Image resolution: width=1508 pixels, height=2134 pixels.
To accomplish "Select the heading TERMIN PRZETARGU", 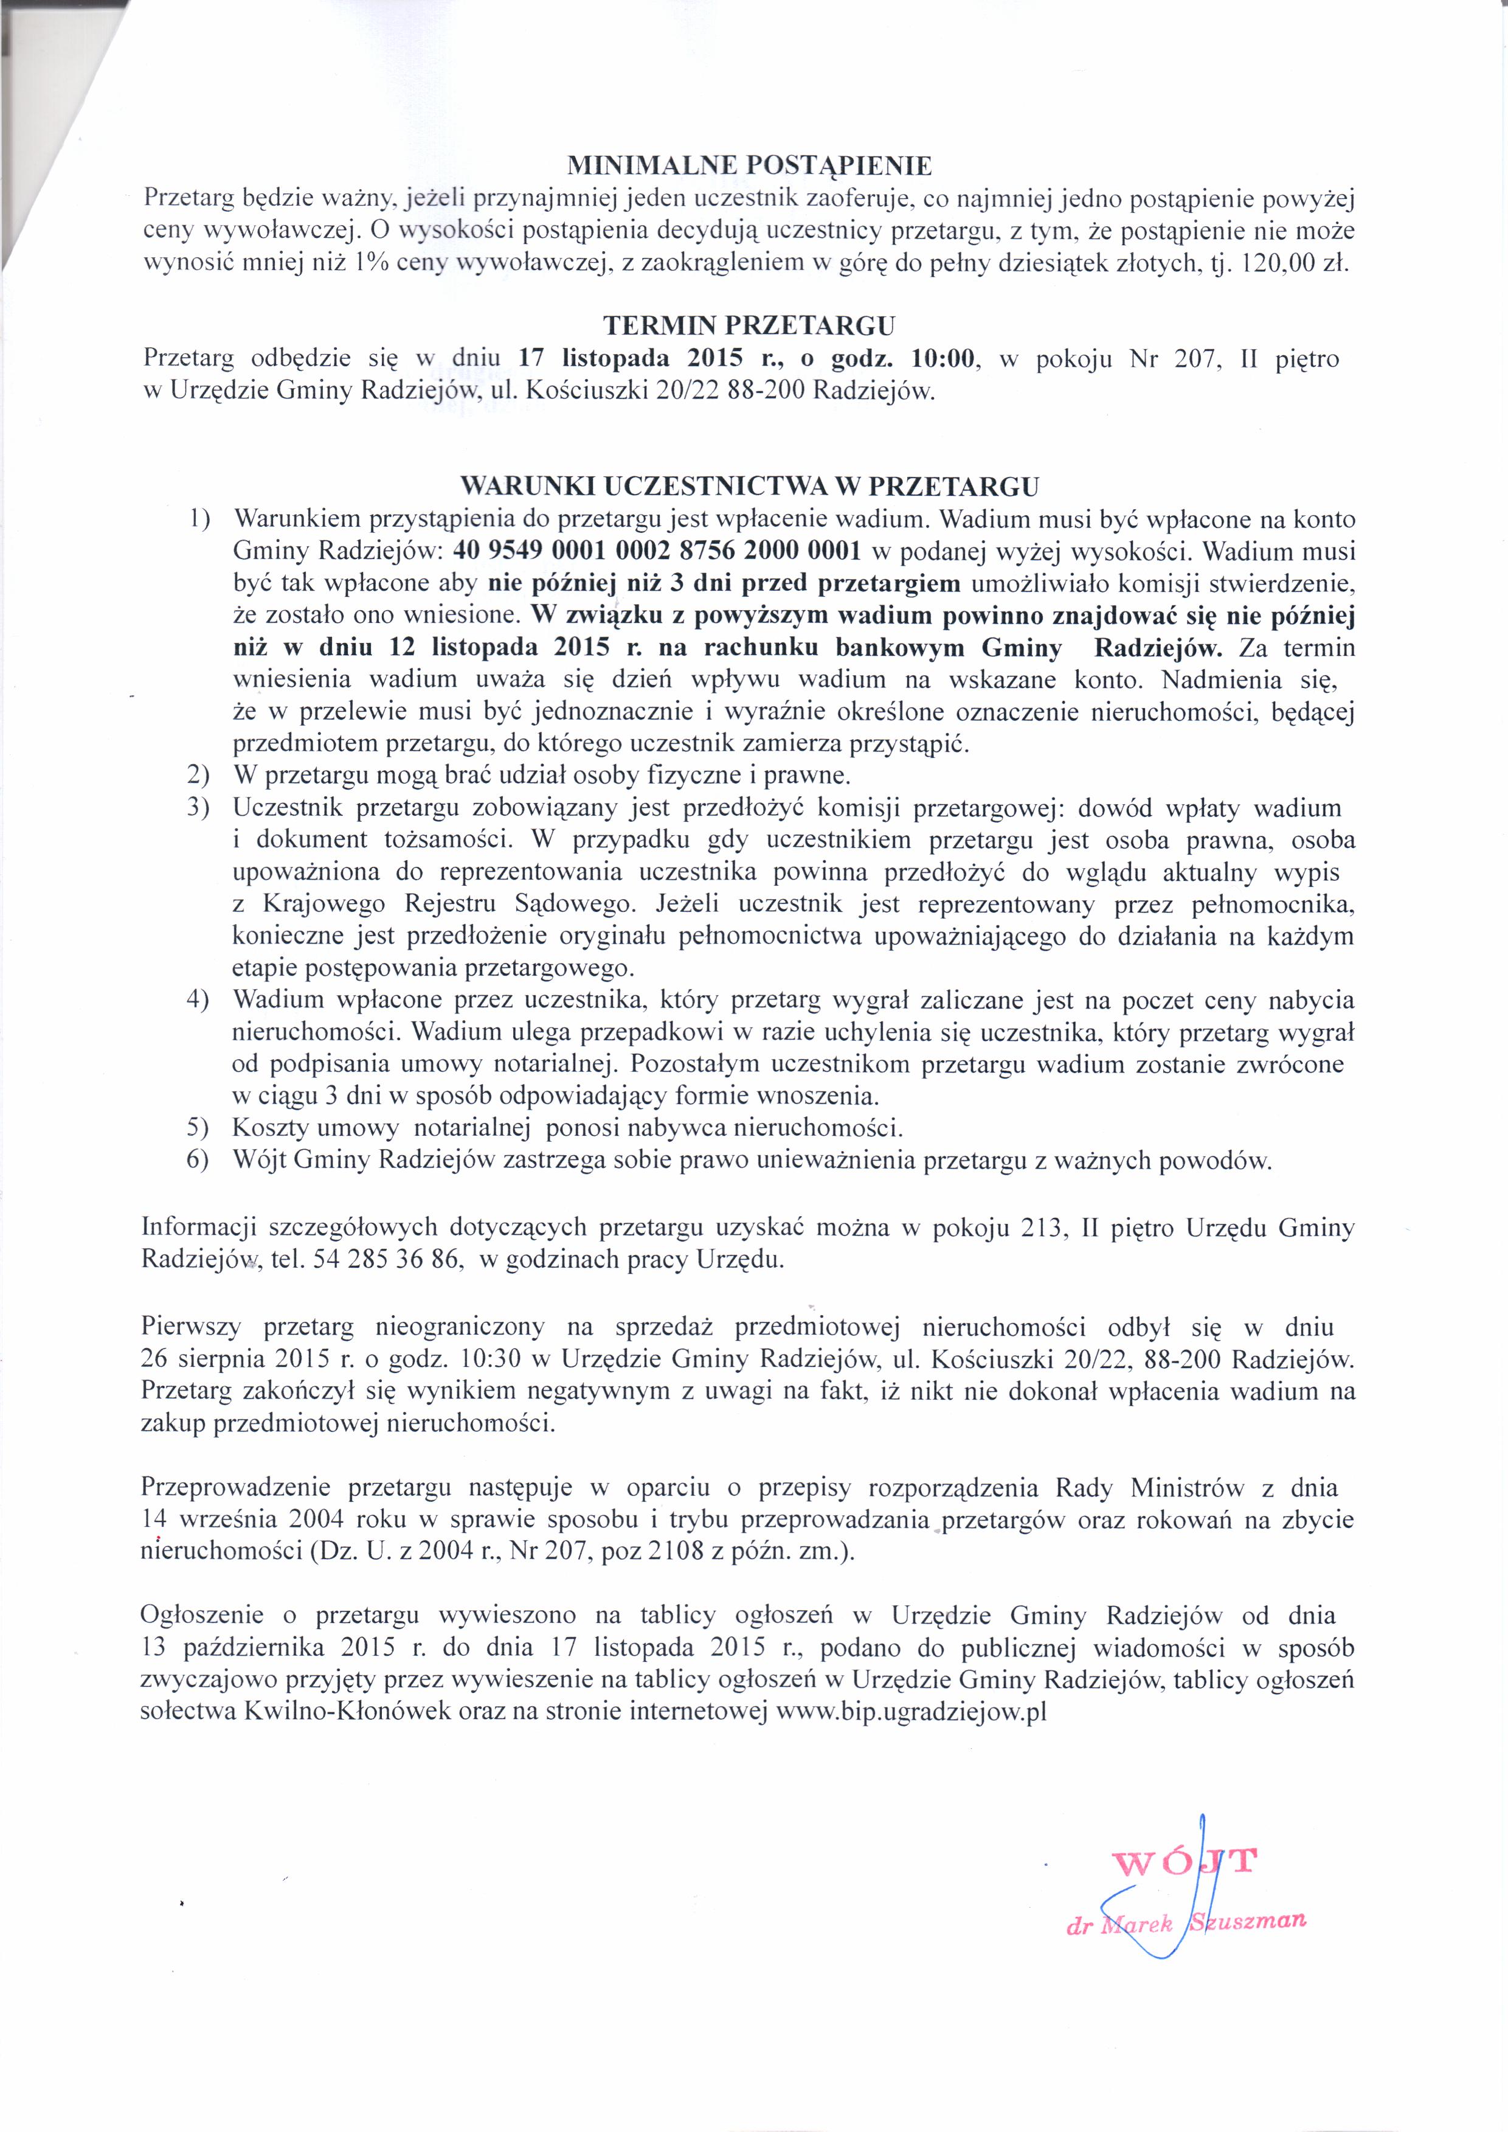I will (749, 325).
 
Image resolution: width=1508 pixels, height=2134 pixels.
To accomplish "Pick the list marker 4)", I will (197, 1000).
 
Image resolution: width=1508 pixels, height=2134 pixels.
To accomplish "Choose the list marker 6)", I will (197, 1161).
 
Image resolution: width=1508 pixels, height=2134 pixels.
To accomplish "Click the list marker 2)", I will (197, 775).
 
